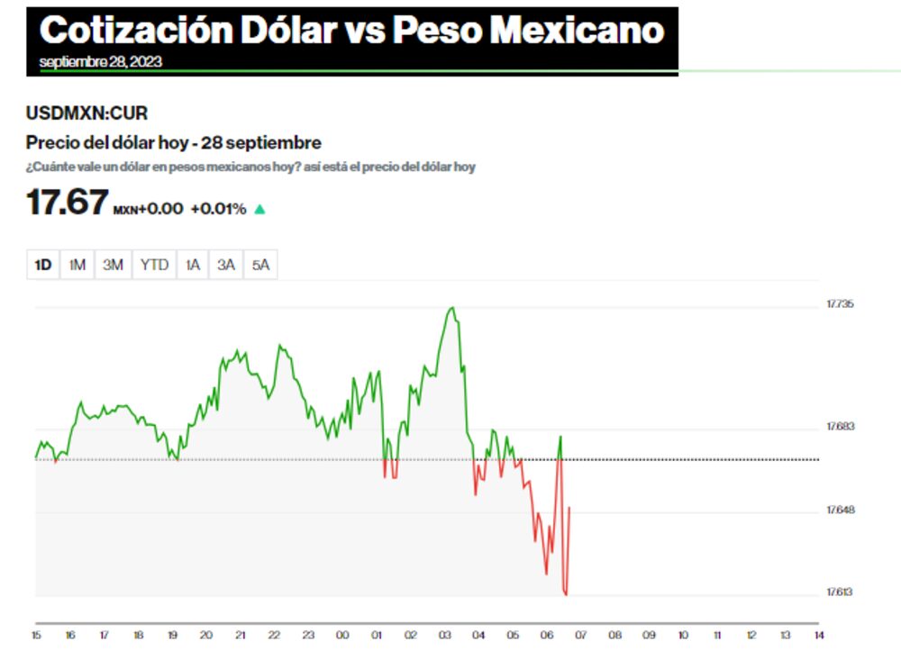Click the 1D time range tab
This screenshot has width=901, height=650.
pyautogui.click(x=43, y=265)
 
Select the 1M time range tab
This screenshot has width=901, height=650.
pyautogui.click(x=77, y=265)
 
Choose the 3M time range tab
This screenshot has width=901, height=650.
pyautogui.click(x=113, y=265)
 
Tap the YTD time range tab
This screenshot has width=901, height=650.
pyautogui.click(x=154, y=265)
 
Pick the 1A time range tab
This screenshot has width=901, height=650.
pyautogui.click(x=193, y=265)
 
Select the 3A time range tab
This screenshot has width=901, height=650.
pyautogui.click(x=226, y=265)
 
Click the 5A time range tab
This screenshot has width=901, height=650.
pyautogui.click(x=260, y=265)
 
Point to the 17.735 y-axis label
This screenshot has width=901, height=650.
pyautogui.click(x=840, y=304)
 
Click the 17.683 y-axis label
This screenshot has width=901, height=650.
pyautogui.click(x=840, y=427)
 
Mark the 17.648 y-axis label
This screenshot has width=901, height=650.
pyautogui.click(x=840, y=510)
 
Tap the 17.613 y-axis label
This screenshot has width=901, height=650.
pyautogui.click(x=840, y=591)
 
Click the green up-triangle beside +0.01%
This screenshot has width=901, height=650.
pyautogui.click(x=259, y=210)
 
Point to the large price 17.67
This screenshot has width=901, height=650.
pyautogui.click(x=68, y=203)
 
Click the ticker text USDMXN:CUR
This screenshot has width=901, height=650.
pyautogui.click(x=86, y=113)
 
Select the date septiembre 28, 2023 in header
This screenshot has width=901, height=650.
pyautogui.click(x=101, y=62)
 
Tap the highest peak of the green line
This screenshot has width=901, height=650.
pyautogui.click(x=452, y=308)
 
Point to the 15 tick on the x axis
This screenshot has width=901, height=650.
pyautogui.click(x=37, y=635)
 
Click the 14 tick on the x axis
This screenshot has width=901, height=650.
pyautogui.click(x=818, y=635)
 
